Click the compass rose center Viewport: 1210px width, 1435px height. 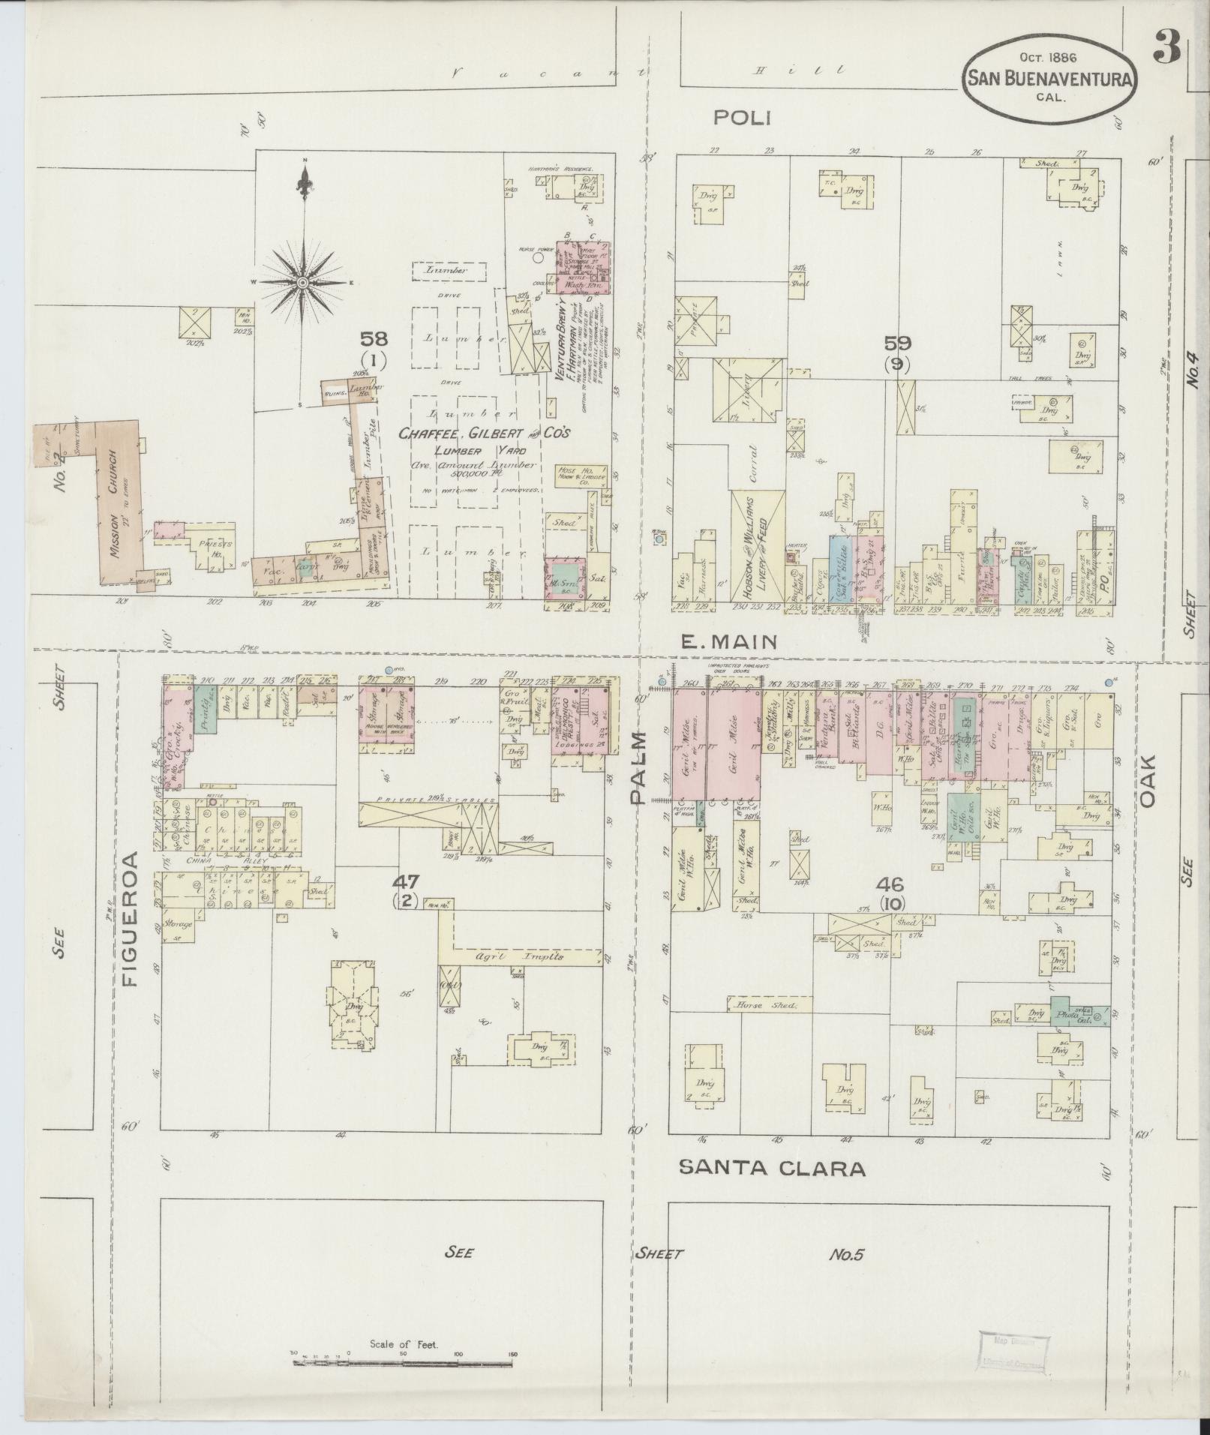302,282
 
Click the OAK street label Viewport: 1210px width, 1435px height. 1147,780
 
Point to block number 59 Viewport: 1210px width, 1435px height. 897,344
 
